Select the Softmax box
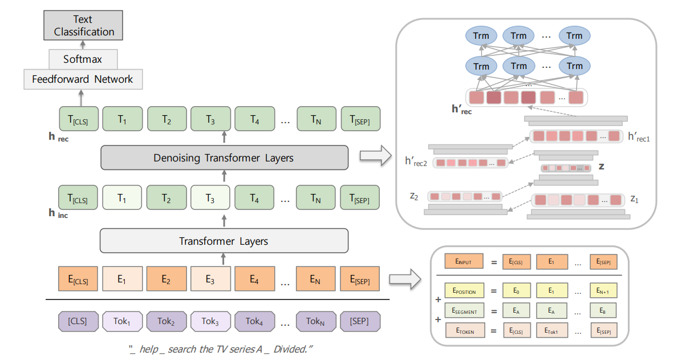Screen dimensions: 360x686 [83, 59]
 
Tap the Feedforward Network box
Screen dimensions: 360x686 [83, 79]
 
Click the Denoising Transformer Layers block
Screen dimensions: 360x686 [224, 157]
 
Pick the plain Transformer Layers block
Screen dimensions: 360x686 [224, 241]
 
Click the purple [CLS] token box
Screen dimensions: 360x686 [78, 321]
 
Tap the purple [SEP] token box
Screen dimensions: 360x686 [360, 321]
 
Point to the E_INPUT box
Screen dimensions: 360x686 [464, 262]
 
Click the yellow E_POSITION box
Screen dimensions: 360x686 [464, 291]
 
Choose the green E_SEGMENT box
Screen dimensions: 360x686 [464, 310]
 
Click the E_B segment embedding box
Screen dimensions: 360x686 [603, 310]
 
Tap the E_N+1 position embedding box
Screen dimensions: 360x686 [603, 291]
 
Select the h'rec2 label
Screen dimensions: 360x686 [416, 162]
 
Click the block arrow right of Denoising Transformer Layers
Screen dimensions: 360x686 [374, 156]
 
